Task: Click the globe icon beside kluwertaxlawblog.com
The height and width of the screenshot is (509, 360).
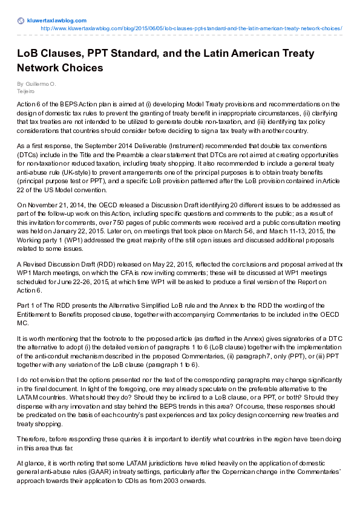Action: coord(21,21)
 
